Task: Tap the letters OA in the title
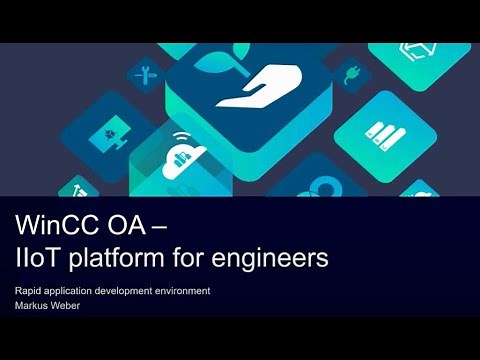click(x=136, y=225)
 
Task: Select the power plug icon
click(x=351, y=75)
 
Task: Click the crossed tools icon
click(x=146, y=73)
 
